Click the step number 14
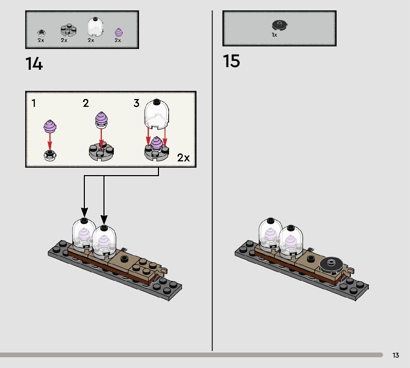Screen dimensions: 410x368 (x=34, y=64)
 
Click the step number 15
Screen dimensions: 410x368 (x=231, y=61)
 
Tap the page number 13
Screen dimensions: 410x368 (x=396, y=355)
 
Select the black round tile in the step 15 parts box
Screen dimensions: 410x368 (x=280, y=26)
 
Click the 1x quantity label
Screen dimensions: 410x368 (x=274, y=35)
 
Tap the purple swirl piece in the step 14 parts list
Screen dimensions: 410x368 (x=118, y=32)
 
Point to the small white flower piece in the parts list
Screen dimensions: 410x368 (x=42, y=33)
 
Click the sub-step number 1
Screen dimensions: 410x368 (x=34, y=103)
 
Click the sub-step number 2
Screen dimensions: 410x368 (x=86, y=103)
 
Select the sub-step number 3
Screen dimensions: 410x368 (x=136, y=103)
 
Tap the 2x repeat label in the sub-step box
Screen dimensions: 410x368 (x=183, y=158)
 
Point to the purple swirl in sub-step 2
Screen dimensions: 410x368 (x=101, y=118)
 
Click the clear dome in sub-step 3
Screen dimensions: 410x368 (x=156, y=114)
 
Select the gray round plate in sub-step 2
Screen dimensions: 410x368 (x=101, y=152)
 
